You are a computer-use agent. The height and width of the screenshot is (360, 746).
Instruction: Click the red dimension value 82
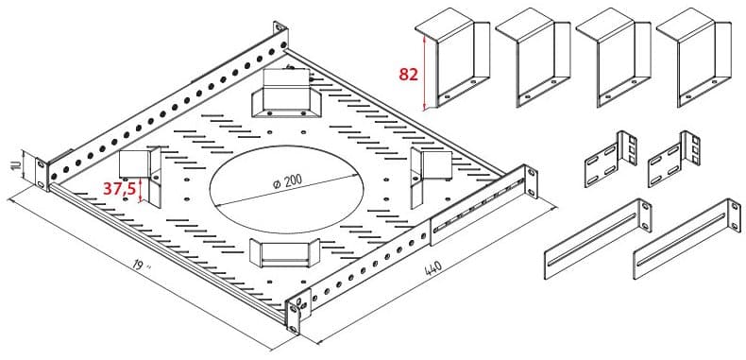coord(408,75)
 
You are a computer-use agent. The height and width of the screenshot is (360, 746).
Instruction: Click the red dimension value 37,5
coord(119,189)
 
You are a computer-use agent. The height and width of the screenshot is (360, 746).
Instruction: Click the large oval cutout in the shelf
coord(286,190)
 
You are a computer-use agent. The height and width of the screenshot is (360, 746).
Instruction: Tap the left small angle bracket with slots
coord(610,160)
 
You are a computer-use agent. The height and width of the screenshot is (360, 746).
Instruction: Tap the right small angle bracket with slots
coord(674,160)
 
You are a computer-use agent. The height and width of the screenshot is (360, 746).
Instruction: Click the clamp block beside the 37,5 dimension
coord(141,174)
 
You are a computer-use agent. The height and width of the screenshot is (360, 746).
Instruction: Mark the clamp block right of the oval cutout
coord(432,173)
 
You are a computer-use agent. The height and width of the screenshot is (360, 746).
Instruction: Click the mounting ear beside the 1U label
coord(42,174)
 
